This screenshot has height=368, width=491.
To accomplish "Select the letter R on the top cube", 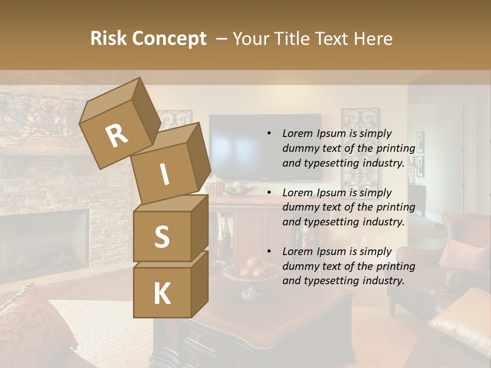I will [117, 135].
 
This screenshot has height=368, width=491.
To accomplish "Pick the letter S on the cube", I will [162, 237].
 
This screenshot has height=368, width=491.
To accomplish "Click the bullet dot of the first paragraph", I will [269, 133].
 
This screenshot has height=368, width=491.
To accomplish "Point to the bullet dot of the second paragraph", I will [269, 193].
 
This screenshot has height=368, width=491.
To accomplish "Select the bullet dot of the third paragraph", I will [269, 251].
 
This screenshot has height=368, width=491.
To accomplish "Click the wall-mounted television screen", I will [265, 147].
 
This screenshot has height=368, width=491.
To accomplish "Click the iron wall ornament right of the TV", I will [360, 148].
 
